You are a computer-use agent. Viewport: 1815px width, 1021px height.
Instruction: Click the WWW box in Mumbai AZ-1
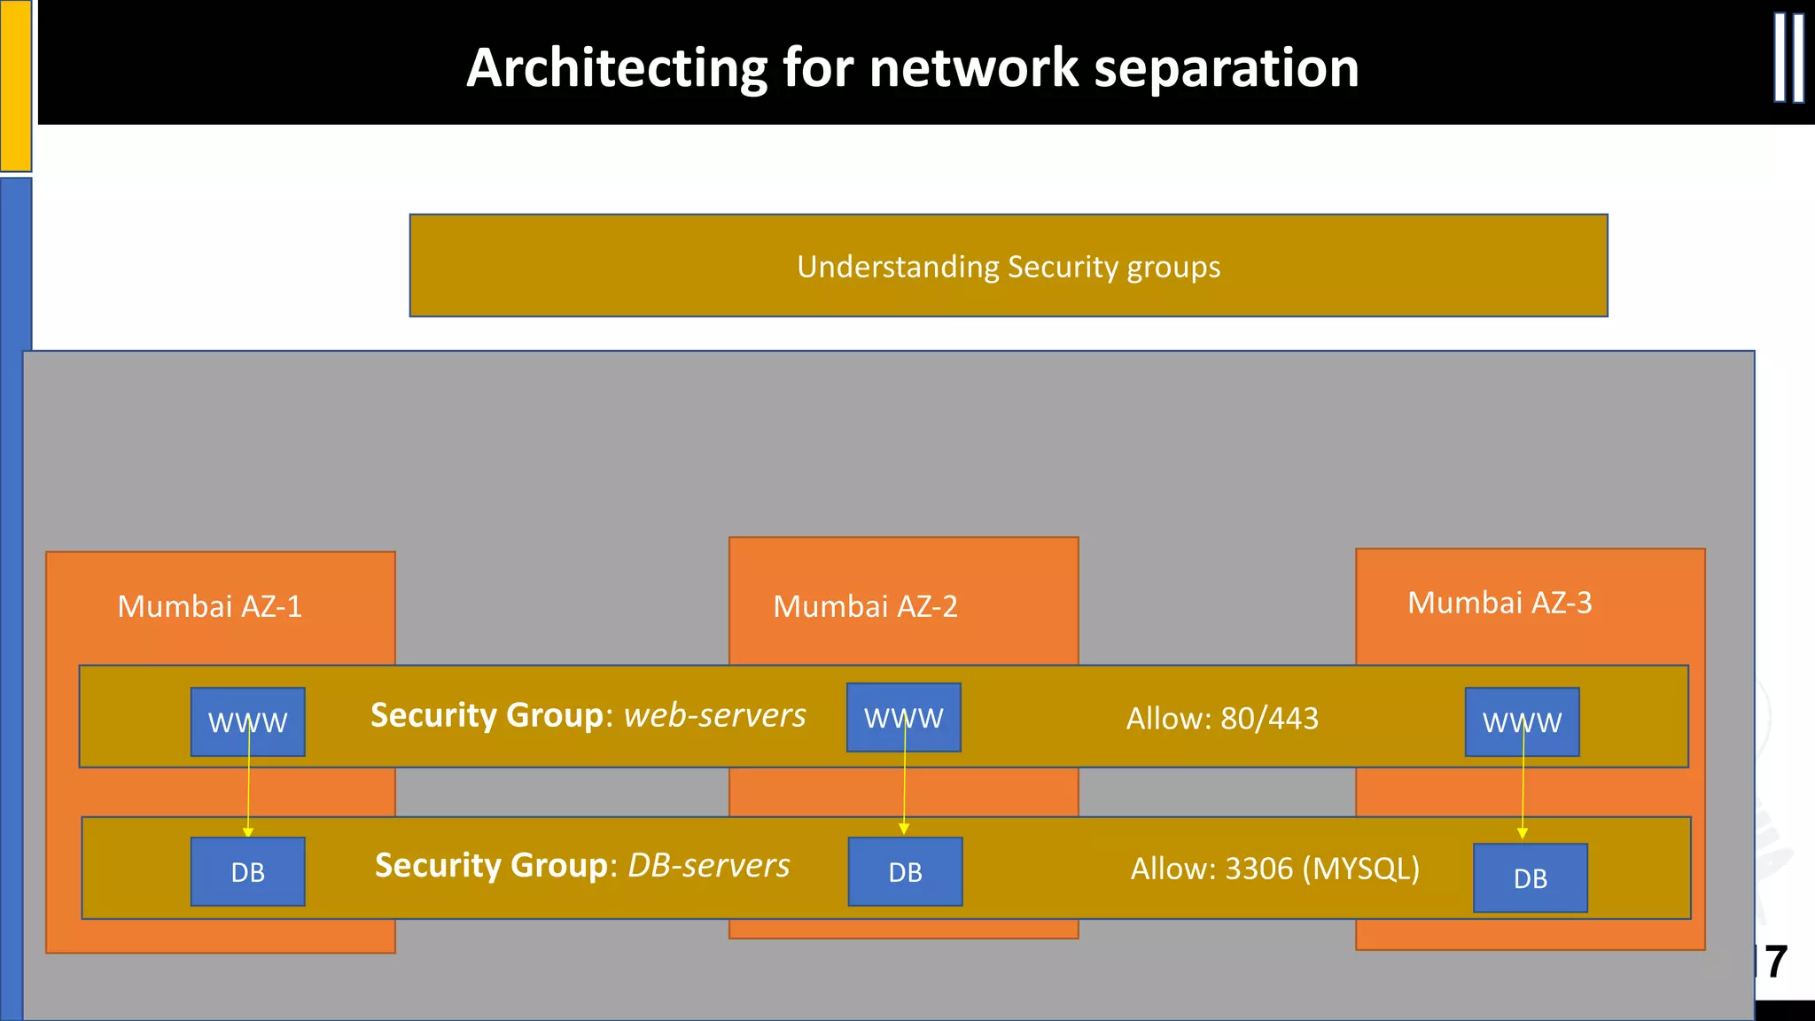click(247, 722)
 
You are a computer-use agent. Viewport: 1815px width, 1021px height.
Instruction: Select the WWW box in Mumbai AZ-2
click(903, 718)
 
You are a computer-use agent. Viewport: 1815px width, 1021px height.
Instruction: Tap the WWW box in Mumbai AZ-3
click(1522, 722)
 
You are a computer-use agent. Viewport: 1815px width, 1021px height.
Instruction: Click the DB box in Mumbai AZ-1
click(247, 872)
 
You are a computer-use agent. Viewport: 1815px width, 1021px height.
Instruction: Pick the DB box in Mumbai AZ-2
click(905, 872)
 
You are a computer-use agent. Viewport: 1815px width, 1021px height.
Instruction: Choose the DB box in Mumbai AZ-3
click(1530, 878)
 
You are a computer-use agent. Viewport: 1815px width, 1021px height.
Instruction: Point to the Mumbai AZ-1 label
click(210, 606)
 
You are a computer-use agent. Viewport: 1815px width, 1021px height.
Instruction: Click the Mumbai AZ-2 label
click(865, 606)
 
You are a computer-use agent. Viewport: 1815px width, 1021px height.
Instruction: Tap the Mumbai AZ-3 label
click(1500, 603)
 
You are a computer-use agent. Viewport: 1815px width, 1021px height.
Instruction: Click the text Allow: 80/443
click(1222, 718)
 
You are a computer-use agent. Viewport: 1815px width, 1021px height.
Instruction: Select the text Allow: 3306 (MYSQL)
click(1274, 869)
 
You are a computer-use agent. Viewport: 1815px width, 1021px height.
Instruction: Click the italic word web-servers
click(714, 715)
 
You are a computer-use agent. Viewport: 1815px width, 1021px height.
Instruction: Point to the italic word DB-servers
click(708, 865)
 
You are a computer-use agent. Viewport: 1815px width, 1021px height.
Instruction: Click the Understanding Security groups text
click(1008, 267)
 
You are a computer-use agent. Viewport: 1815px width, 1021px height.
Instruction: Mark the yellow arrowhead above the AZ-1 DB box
click(248, 831)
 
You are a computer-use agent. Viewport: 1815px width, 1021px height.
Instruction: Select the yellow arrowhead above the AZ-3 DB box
click(1523, 833)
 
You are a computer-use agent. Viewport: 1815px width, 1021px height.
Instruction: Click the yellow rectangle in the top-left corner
click(15, 85)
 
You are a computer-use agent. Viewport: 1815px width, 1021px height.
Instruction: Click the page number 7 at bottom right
click(1775, 963)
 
